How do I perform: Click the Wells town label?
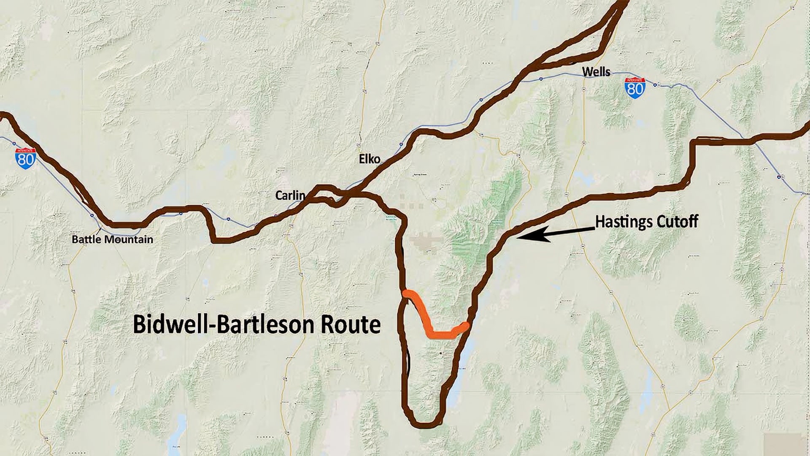[x=596, y=72]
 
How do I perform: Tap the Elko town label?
[x=369, y=159]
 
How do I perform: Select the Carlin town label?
[x=290, y=195]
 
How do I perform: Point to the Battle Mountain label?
[x=112, y=240]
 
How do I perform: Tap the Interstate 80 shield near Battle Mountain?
[x=25, y=159]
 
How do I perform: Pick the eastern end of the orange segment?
[x=465, y=326]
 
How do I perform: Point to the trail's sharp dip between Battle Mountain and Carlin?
[x=214, y=239]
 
